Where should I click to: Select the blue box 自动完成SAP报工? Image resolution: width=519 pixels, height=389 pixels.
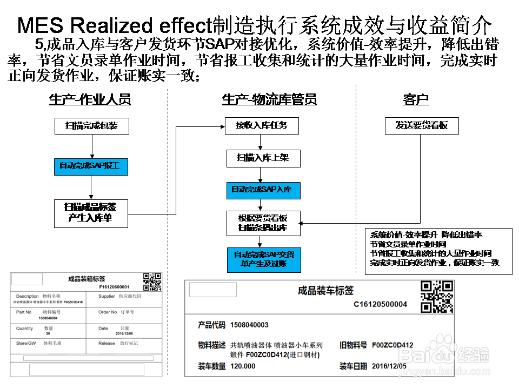91,166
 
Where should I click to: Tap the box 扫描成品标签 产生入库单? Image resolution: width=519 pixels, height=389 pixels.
91,213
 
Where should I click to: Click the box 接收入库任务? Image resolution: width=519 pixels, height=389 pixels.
262,126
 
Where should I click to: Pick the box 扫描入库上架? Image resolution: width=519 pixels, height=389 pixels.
262,158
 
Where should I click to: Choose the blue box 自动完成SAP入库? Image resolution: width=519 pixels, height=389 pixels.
262,190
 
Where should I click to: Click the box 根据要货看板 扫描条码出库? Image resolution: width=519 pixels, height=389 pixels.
263,223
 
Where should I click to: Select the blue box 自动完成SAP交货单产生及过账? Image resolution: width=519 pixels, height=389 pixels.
264,259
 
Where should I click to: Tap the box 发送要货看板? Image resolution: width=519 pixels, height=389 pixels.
422,126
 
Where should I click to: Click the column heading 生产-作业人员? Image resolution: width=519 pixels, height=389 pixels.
90,99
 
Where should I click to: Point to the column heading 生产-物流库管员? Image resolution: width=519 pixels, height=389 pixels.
269,99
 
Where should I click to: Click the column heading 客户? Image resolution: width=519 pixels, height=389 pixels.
416,99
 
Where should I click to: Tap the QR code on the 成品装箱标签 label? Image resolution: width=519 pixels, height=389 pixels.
152,282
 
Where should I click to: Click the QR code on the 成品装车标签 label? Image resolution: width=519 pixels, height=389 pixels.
437,296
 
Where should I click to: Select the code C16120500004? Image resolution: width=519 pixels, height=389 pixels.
380,305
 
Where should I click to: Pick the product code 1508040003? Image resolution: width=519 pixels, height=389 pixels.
249,325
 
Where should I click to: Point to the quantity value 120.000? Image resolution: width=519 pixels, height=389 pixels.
243,366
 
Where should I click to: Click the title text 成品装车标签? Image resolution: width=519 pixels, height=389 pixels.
325,291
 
